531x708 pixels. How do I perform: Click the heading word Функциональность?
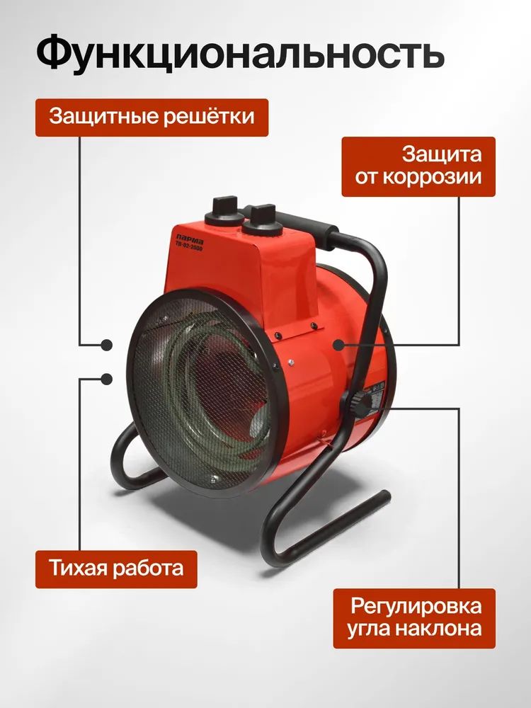[240, 52]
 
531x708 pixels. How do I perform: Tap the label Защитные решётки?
[152, 117]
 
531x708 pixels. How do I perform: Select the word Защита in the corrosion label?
[442, 154]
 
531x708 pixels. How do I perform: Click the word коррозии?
[433, 177]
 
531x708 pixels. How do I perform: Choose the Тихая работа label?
[116, 569]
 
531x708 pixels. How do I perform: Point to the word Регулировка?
[416, 607]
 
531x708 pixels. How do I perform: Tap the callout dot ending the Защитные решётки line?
[107, 345]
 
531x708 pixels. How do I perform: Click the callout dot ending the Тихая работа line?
[107, 379]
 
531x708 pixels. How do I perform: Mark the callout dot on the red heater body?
[338, 345]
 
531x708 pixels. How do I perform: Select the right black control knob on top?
[263, 221]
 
